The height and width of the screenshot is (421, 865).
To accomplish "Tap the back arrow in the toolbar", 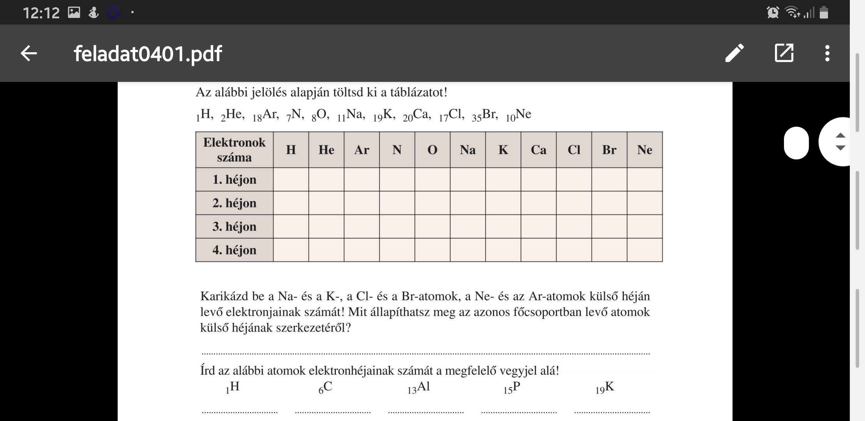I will click(x=29, y=53).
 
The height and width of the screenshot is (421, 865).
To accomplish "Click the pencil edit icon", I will click(x=734, y=53).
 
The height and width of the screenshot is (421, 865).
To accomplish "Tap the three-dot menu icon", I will click(x=827, y=53).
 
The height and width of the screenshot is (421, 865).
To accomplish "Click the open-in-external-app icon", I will click(x=784, y=53).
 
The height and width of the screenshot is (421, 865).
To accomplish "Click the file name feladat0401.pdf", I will click(x=148, y=53).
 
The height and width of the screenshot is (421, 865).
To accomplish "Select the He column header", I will click(x=326, y=150).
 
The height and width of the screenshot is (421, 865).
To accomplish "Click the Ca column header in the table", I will click(x=538, y=150).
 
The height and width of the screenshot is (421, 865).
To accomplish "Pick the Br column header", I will click(x=609, y=150).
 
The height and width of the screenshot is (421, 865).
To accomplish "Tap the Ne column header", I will click(x=644, y=150).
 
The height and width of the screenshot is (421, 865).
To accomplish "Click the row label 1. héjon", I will click(x=234, y=180).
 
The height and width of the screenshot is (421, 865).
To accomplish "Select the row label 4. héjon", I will click(x=234, y=250).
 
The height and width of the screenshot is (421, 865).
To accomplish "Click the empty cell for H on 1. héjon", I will click(x=291, y=180).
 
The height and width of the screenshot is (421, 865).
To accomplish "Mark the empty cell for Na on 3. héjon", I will click(x=468, y=226).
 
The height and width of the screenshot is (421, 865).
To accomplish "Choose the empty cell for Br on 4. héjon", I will click(x=609, y=250).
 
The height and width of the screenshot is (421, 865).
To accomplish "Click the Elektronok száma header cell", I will click(x=234, y=150).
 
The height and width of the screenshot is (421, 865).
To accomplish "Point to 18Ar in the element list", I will click(x=265, y=115).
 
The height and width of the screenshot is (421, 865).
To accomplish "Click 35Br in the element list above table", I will click(x=485, y=115).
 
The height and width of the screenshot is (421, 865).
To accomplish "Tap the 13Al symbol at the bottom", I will click(x=419, y=387).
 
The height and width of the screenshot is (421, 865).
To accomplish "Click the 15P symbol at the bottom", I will click(x=512, y=387).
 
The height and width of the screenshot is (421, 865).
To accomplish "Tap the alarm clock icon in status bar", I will click(x=772, y=12).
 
